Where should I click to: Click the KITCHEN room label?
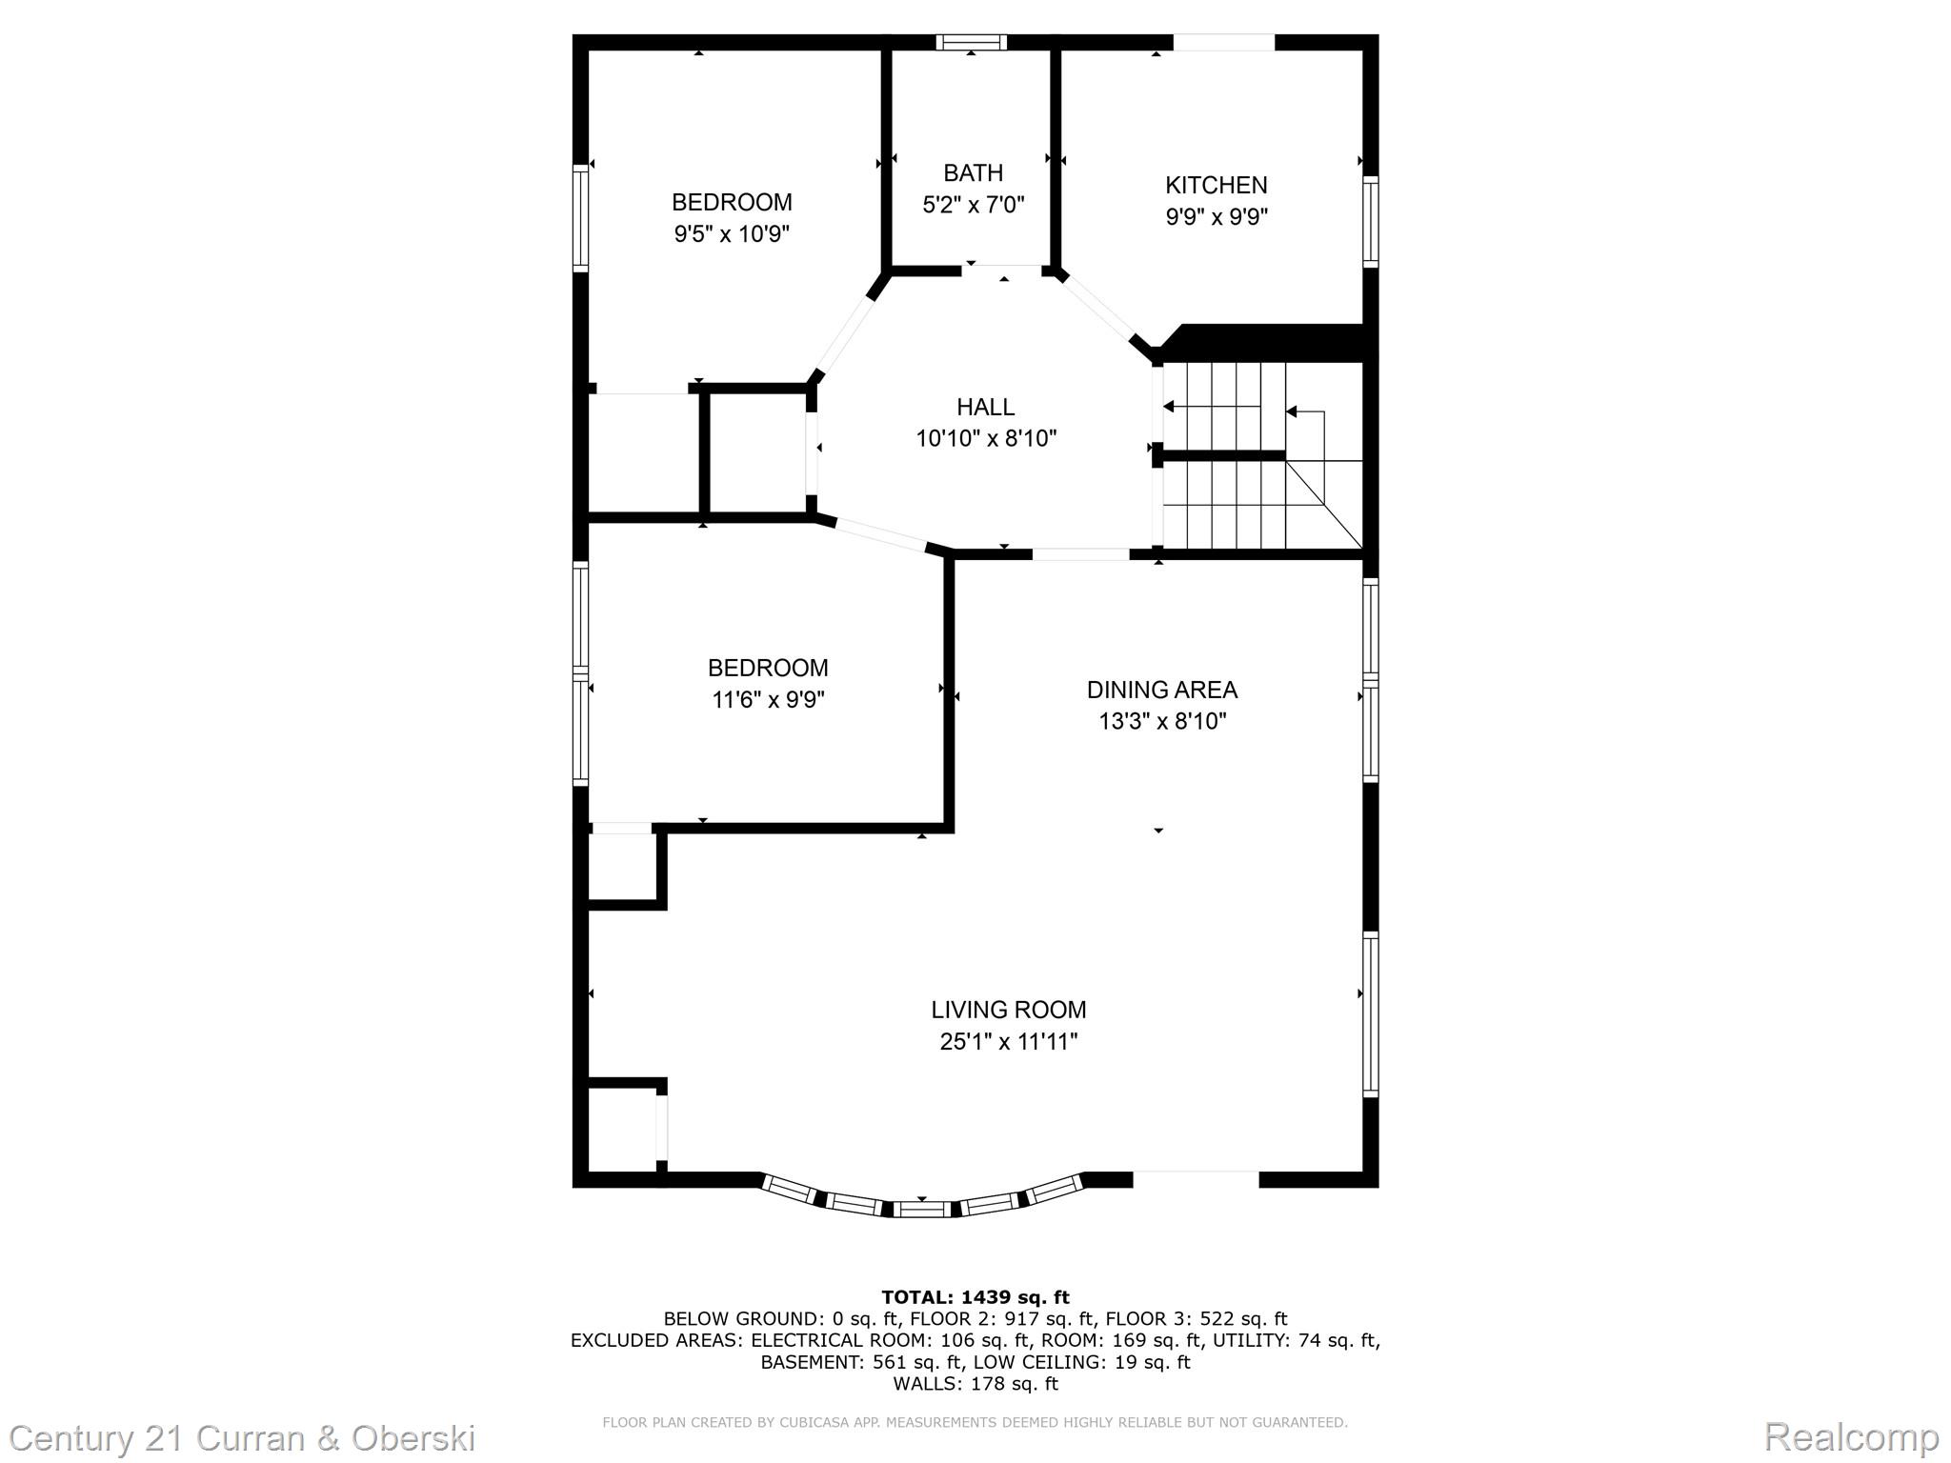pos(1216,185)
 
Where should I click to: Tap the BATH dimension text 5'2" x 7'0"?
pos(973,205)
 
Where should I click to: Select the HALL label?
pos(985,407)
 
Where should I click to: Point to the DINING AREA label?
pos(1161,690)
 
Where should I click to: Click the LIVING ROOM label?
pos(1008,1010)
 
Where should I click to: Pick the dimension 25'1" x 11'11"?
pos(1008,1042)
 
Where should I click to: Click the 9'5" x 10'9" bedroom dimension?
pos(732,233)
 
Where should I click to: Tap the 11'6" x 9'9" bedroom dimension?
pos(768,700)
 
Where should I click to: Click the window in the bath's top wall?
pos(971,42)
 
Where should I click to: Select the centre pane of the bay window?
pos(922,1210)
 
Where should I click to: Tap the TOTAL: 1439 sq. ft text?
pos(975,1297)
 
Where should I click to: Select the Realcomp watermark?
pos(1851,1436)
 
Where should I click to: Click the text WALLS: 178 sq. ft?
pos(975,1383)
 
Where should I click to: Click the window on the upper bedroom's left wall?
pos(579,217)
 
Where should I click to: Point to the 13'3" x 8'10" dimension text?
pos(1161,722)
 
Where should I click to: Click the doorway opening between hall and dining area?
pos(1080,554)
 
